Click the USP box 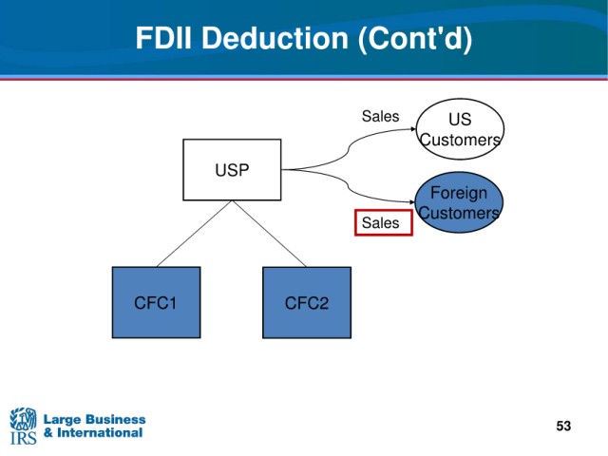232,170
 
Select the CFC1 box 156,302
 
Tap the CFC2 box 307,302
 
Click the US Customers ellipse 460,129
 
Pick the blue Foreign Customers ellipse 459,202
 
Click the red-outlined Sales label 384,222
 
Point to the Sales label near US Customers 380,116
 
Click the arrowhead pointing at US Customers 413,129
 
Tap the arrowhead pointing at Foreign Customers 412,202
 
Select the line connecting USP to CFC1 194,234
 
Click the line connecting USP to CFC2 269,234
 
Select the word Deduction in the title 275,38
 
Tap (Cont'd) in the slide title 415,39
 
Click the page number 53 563,426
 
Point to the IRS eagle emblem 23,418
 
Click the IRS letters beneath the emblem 23,438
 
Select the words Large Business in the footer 95,420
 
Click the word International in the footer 100,432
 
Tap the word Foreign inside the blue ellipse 459,193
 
